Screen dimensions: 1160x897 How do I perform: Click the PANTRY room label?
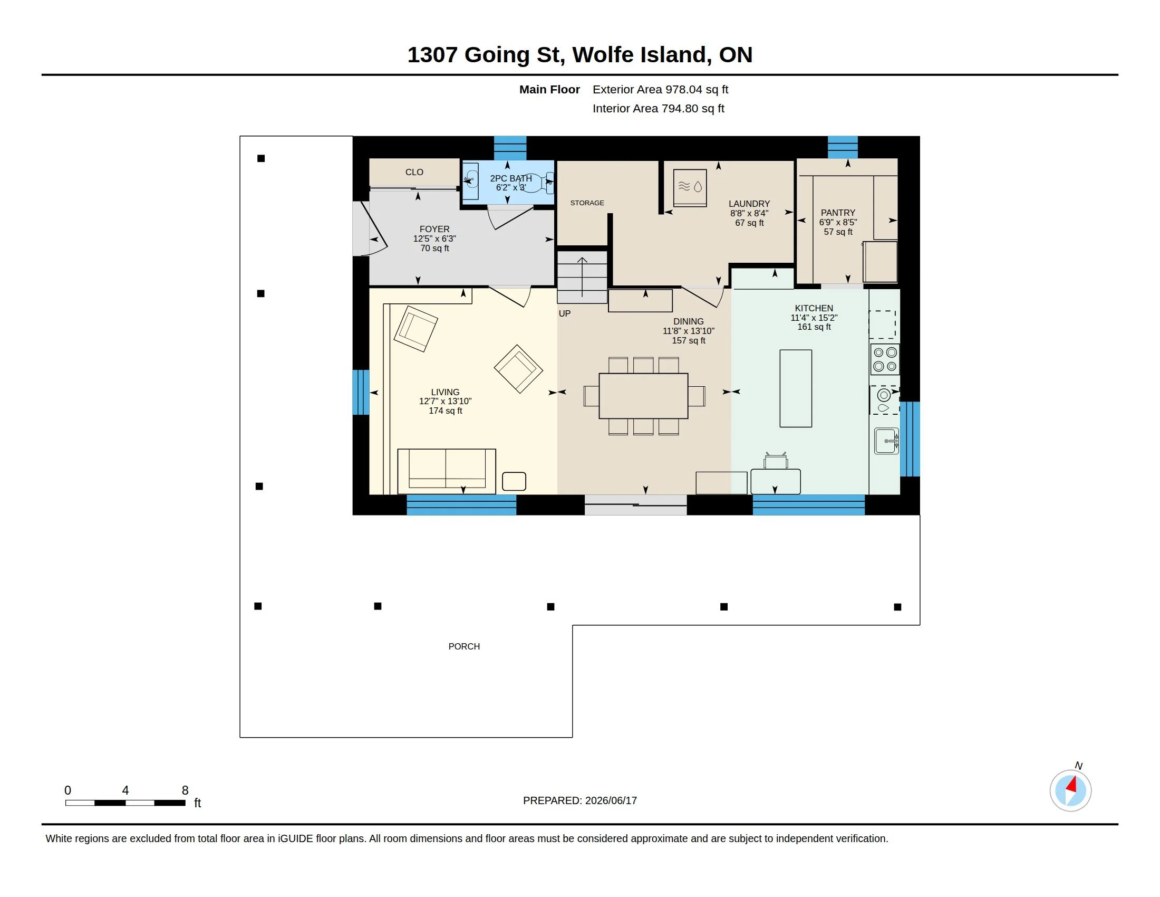click(x=838, y=213)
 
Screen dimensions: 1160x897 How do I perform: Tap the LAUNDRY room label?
click(x=749, y=204)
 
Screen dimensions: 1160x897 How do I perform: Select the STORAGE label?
click(x=587, y=203)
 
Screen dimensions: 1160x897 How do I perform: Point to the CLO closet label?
click(x=414, y=172)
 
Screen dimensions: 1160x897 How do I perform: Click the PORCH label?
click(x=464, y=647)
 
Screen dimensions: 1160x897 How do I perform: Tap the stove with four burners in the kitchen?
click(x=885, y=359)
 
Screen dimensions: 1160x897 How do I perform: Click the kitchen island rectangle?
click(x=796, y=388)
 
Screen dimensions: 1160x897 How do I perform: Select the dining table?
click(x=643, y=396)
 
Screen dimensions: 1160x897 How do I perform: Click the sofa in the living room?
click(x=446, y=471)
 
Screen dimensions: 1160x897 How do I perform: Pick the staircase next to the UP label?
click(x=582, y=277)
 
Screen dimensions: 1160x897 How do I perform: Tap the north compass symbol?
click(x=1070, y=790)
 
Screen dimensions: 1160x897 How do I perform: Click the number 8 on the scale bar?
click(x=185, y=790)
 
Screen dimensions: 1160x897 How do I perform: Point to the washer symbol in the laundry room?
click(x=690, y=188)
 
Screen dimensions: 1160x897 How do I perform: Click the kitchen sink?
click(x=886, y=441)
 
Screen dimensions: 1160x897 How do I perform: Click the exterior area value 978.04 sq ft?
click(x=697, y=89)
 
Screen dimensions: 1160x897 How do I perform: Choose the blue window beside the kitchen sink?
click(x=910, y=439)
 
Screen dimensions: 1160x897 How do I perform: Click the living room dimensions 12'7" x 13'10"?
click(x=445, y=401)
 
